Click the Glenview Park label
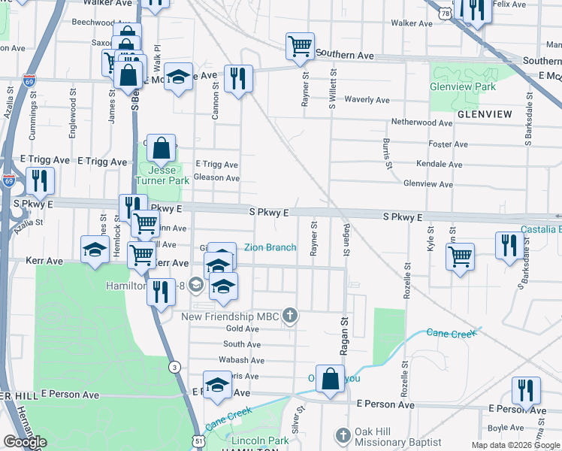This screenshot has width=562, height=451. tap(463, 86)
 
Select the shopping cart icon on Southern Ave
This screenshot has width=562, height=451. tap(300, 46)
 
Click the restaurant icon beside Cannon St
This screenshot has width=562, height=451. tap(238, 78)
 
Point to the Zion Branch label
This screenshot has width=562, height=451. tap(270, 247)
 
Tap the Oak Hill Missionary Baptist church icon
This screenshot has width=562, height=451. tap(343, 436)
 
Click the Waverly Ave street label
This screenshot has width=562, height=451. tap(367, 100)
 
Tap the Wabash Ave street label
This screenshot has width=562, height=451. tap(241, 359)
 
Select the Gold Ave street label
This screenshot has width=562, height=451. tap(243, 328)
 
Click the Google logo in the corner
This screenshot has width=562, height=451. tap(25, 442)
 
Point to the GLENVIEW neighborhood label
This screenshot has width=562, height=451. tap(484, 114)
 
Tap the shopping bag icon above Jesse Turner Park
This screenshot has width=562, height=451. tap(162, 147)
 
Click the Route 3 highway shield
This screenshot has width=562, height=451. tap(174, 367)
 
